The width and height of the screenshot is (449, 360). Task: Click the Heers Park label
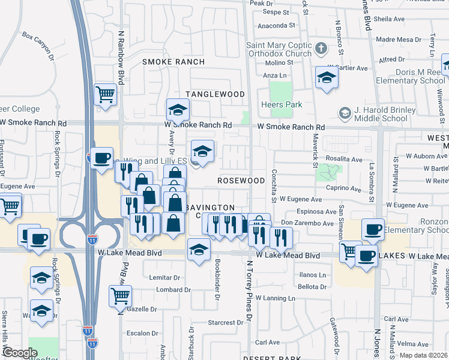coord(281,104)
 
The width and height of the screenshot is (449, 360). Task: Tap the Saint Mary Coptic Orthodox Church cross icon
coord(322,48)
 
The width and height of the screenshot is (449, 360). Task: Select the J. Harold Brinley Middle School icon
coord(345,112)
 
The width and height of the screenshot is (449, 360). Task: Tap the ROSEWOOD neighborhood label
coord(241,181)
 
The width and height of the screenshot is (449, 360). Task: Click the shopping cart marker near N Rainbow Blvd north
coord(105,94)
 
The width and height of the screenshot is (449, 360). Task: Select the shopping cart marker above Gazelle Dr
coord(120,296)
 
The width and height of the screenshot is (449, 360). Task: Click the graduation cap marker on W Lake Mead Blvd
coord(198,250)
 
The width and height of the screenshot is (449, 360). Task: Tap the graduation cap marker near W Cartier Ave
coord(326,78)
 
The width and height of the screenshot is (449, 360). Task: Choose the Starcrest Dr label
coord(225,323)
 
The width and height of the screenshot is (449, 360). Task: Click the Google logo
coord(20,353)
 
